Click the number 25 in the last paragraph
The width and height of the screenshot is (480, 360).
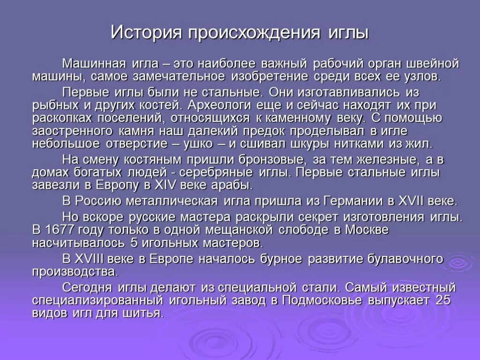[x=442, y=300]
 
